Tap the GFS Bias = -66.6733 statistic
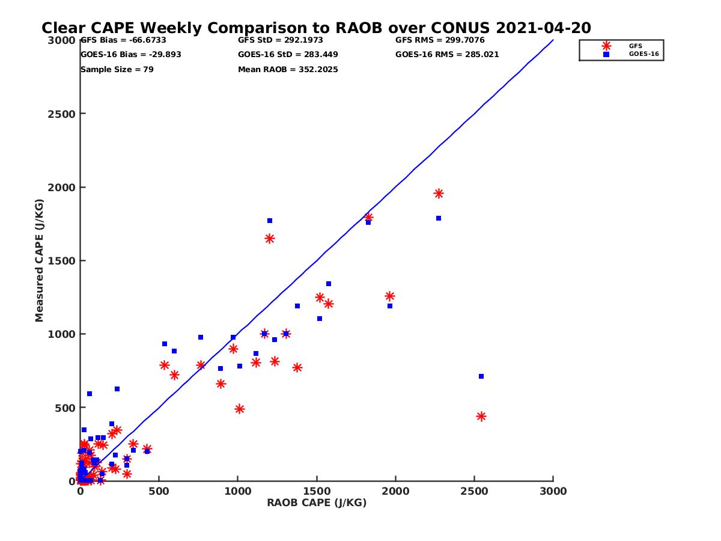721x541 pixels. (x=123, y=41)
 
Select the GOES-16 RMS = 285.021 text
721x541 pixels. (x=447, y=55)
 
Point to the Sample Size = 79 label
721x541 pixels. (x=117, y=70)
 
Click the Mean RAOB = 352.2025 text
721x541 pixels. (x=288, y=70)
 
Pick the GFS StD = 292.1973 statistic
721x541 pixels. (x=281, y=41)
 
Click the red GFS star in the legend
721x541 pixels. (x=606, y=46)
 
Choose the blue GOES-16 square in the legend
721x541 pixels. (x=606, y=54)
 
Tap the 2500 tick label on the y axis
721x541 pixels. (x=59, y=114)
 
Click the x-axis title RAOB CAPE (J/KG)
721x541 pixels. (x=317, y=503)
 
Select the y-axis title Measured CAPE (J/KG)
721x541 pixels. (x=40, y=260)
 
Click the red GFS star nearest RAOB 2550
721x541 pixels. (x=481, y=417)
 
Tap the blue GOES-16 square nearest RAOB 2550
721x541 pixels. (x=481, y=376)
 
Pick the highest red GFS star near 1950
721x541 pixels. (x=439, y=194)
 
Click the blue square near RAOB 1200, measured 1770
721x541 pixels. (x=270, y=221)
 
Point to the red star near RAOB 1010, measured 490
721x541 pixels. (x=240, y=409)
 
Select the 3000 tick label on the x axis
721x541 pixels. (x=553, y=492)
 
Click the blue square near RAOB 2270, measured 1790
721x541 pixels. (x=439, y=218)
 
